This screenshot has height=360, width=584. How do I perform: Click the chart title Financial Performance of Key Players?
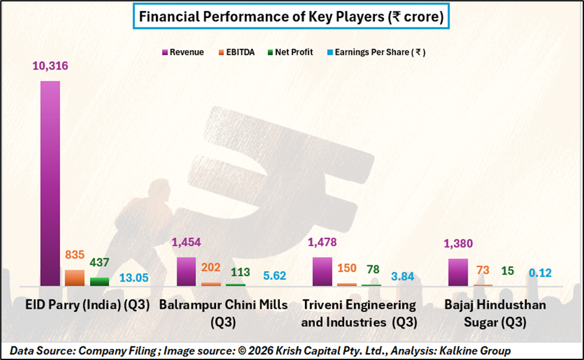(291, 17)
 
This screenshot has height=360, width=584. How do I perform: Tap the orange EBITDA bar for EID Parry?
(75, 278)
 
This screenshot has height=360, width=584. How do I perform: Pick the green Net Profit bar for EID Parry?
(99, 281)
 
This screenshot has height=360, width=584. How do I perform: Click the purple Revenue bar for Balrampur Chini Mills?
(186, 271)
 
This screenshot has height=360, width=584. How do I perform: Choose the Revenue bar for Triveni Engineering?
(322, 271)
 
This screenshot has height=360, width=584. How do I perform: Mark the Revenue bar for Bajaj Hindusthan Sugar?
(458, 272)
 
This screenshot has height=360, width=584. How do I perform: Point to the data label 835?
(75, 255)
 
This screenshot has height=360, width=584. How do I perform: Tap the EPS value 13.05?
(134, 277)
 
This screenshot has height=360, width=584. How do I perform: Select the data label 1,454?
(186, 242)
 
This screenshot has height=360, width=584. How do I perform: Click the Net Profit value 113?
(236, 272)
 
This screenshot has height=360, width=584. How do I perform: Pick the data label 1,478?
(322, 242)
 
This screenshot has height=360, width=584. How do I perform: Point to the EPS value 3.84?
(403, 276)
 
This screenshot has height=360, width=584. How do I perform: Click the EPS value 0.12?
(539, 273)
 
